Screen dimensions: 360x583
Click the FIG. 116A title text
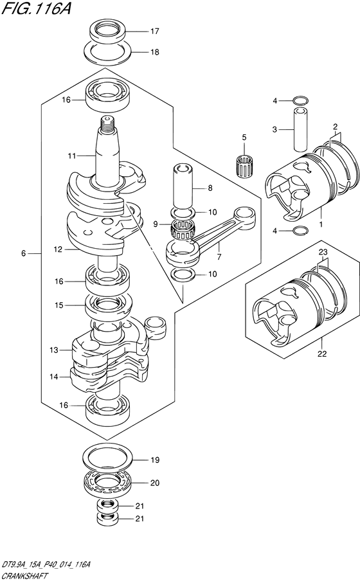coord(36,8)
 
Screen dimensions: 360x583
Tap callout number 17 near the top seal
coord(154,31)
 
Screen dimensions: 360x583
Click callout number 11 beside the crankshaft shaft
coord(71,156)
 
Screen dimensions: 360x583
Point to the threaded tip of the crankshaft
coord(108,121)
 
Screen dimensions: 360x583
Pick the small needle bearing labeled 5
coord(244,165)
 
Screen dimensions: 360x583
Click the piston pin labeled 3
coord(300,130)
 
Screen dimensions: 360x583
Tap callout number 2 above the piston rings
coord(335,126)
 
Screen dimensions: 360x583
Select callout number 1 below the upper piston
coord(321,224)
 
